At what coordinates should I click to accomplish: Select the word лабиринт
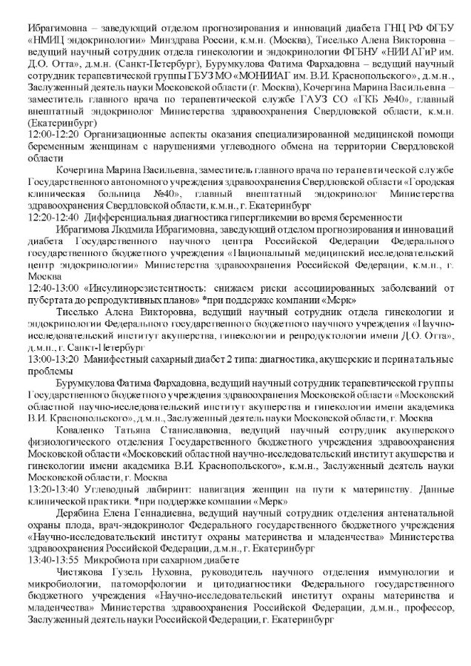coord(160,491)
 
